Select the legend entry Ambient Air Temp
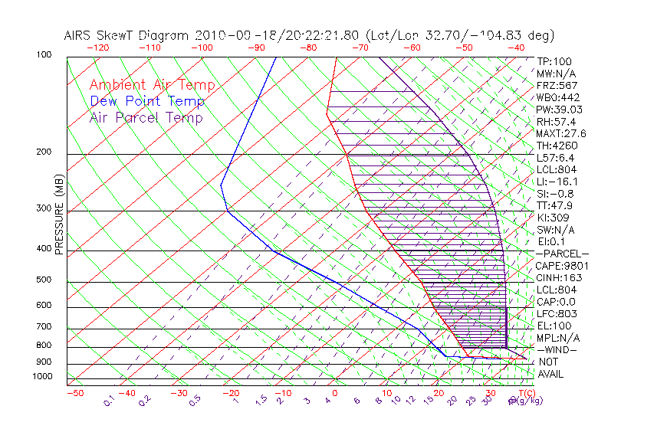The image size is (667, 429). click(x=153, y=85)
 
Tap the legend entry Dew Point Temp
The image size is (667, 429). click(x=147, y=101)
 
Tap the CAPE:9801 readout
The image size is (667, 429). click(x=560, y=266)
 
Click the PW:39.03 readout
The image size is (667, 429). click(x=560, y=110)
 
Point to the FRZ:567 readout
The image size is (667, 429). click(x=557, y=85)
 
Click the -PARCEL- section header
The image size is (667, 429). click(x=562, y=254)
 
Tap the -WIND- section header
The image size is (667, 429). click(x=557, y=349)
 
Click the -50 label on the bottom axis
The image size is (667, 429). click(x=74, y=394)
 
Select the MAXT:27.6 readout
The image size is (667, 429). click(x=561, y=133)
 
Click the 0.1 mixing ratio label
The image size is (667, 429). click(x=109, y=399)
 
